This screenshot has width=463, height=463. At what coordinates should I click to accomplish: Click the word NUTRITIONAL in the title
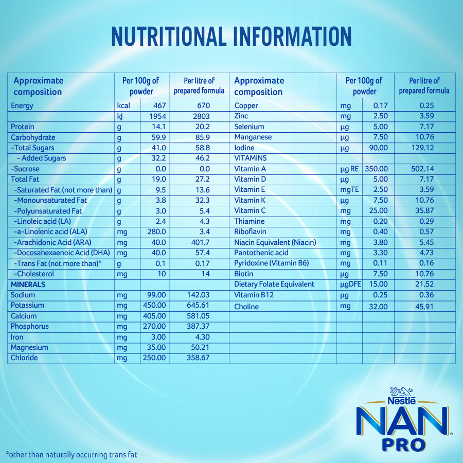pos(168,37)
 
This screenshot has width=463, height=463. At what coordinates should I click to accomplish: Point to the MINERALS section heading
pos(28,284)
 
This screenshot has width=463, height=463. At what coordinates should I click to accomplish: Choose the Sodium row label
pos(23,295)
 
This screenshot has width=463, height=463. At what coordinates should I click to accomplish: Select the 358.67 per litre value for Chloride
pos(198,358)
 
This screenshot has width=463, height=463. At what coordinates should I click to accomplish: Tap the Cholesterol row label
pos(34,274)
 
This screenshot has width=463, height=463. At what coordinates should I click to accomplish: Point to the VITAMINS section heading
pos(251,158)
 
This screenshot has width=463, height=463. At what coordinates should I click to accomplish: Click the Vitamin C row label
pos(251,210)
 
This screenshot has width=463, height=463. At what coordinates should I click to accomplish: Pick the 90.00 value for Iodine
pos(377,148)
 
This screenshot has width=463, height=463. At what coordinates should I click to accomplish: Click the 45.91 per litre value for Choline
pos(424,307)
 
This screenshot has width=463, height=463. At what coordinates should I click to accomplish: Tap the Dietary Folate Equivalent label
pos(274,284)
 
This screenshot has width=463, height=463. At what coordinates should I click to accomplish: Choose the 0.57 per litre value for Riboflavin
pos(425,232)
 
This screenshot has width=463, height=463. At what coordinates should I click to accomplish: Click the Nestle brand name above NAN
pos(402,398)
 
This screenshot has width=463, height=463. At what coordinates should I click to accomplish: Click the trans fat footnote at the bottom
pos(72,455)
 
